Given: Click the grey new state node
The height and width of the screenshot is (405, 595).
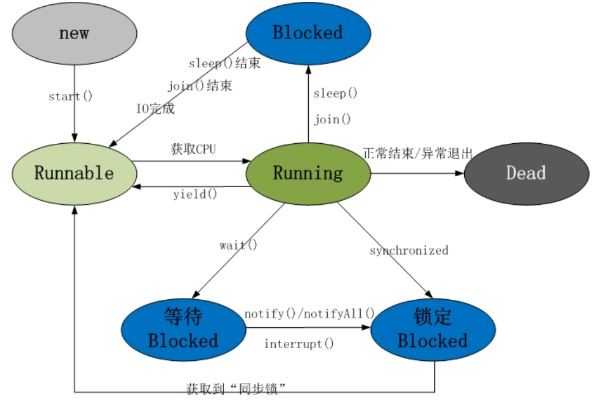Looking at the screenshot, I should click(74, 33).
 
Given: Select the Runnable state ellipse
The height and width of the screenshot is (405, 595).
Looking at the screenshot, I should click(74, 173).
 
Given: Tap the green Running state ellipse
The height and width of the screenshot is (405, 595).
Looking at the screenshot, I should click(308, 173).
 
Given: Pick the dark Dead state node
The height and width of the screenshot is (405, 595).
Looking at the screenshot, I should click(525, 173).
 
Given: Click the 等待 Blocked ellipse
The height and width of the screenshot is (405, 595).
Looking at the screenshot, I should click(183, 329).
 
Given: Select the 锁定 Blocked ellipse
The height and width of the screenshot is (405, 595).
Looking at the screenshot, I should click(433, 329).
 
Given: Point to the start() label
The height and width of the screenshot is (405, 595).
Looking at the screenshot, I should click(70, 96).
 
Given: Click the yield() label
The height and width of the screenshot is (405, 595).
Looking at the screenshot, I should click(195, 194).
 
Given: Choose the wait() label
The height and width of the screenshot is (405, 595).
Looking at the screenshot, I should click(238, 245).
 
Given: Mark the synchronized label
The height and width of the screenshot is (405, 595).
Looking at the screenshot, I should click(408, 250).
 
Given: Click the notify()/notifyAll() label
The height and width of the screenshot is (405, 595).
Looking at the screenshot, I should click(309, 314).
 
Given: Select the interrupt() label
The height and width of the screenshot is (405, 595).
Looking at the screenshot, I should click(299, 344).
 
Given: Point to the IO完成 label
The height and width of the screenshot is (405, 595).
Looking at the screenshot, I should click(155, 110).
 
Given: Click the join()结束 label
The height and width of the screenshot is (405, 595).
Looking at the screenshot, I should click(200, 86).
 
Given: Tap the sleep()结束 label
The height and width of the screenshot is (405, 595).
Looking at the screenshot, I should click(224, 64).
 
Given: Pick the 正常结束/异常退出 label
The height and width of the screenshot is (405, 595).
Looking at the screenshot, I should click(418, 154).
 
